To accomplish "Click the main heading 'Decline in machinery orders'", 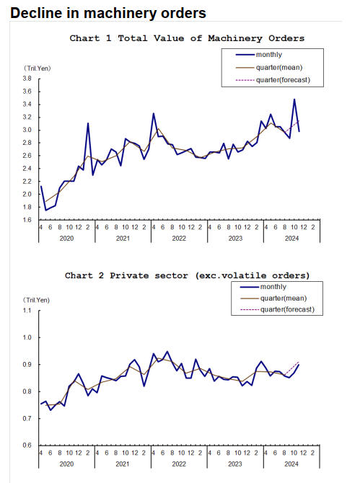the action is (x=108, y=13).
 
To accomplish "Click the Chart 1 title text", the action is (x=187, y=38).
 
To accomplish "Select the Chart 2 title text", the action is (x=187, y=275).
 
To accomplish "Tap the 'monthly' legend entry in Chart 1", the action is (x=269, y=55).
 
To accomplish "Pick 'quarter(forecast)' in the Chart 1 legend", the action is (x=283, y=80).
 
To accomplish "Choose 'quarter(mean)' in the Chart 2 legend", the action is (x=284, y=298).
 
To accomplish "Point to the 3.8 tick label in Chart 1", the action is (x=27, y=79).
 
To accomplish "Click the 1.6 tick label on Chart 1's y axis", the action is (x=27, y=220).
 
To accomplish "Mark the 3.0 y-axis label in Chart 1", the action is (x=27, y=130).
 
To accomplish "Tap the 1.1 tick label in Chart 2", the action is (x=27, y=310).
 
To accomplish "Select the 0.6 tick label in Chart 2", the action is (x=27, y=445).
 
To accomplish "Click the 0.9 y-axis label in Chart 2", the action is (x=27, y=364).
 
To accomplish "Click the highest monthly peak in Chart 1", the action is (x=294, y=99).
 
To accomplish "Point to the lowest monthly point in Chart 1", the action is (x=46, y=210).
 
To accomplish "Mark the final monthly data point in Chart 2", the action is (x=299, y=365).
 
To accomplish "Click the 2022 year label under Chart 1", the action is (x=179, y=239).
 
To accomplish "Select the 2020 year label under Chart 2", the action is (x=66, y=464).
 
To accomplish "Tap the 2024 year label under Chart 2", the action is (x=291, y=464).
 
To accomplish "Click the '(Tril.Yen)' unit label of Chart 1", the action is (x=38, y=68).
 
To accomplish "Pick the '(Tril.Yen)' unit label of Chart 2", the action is (x=36, y=300).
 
